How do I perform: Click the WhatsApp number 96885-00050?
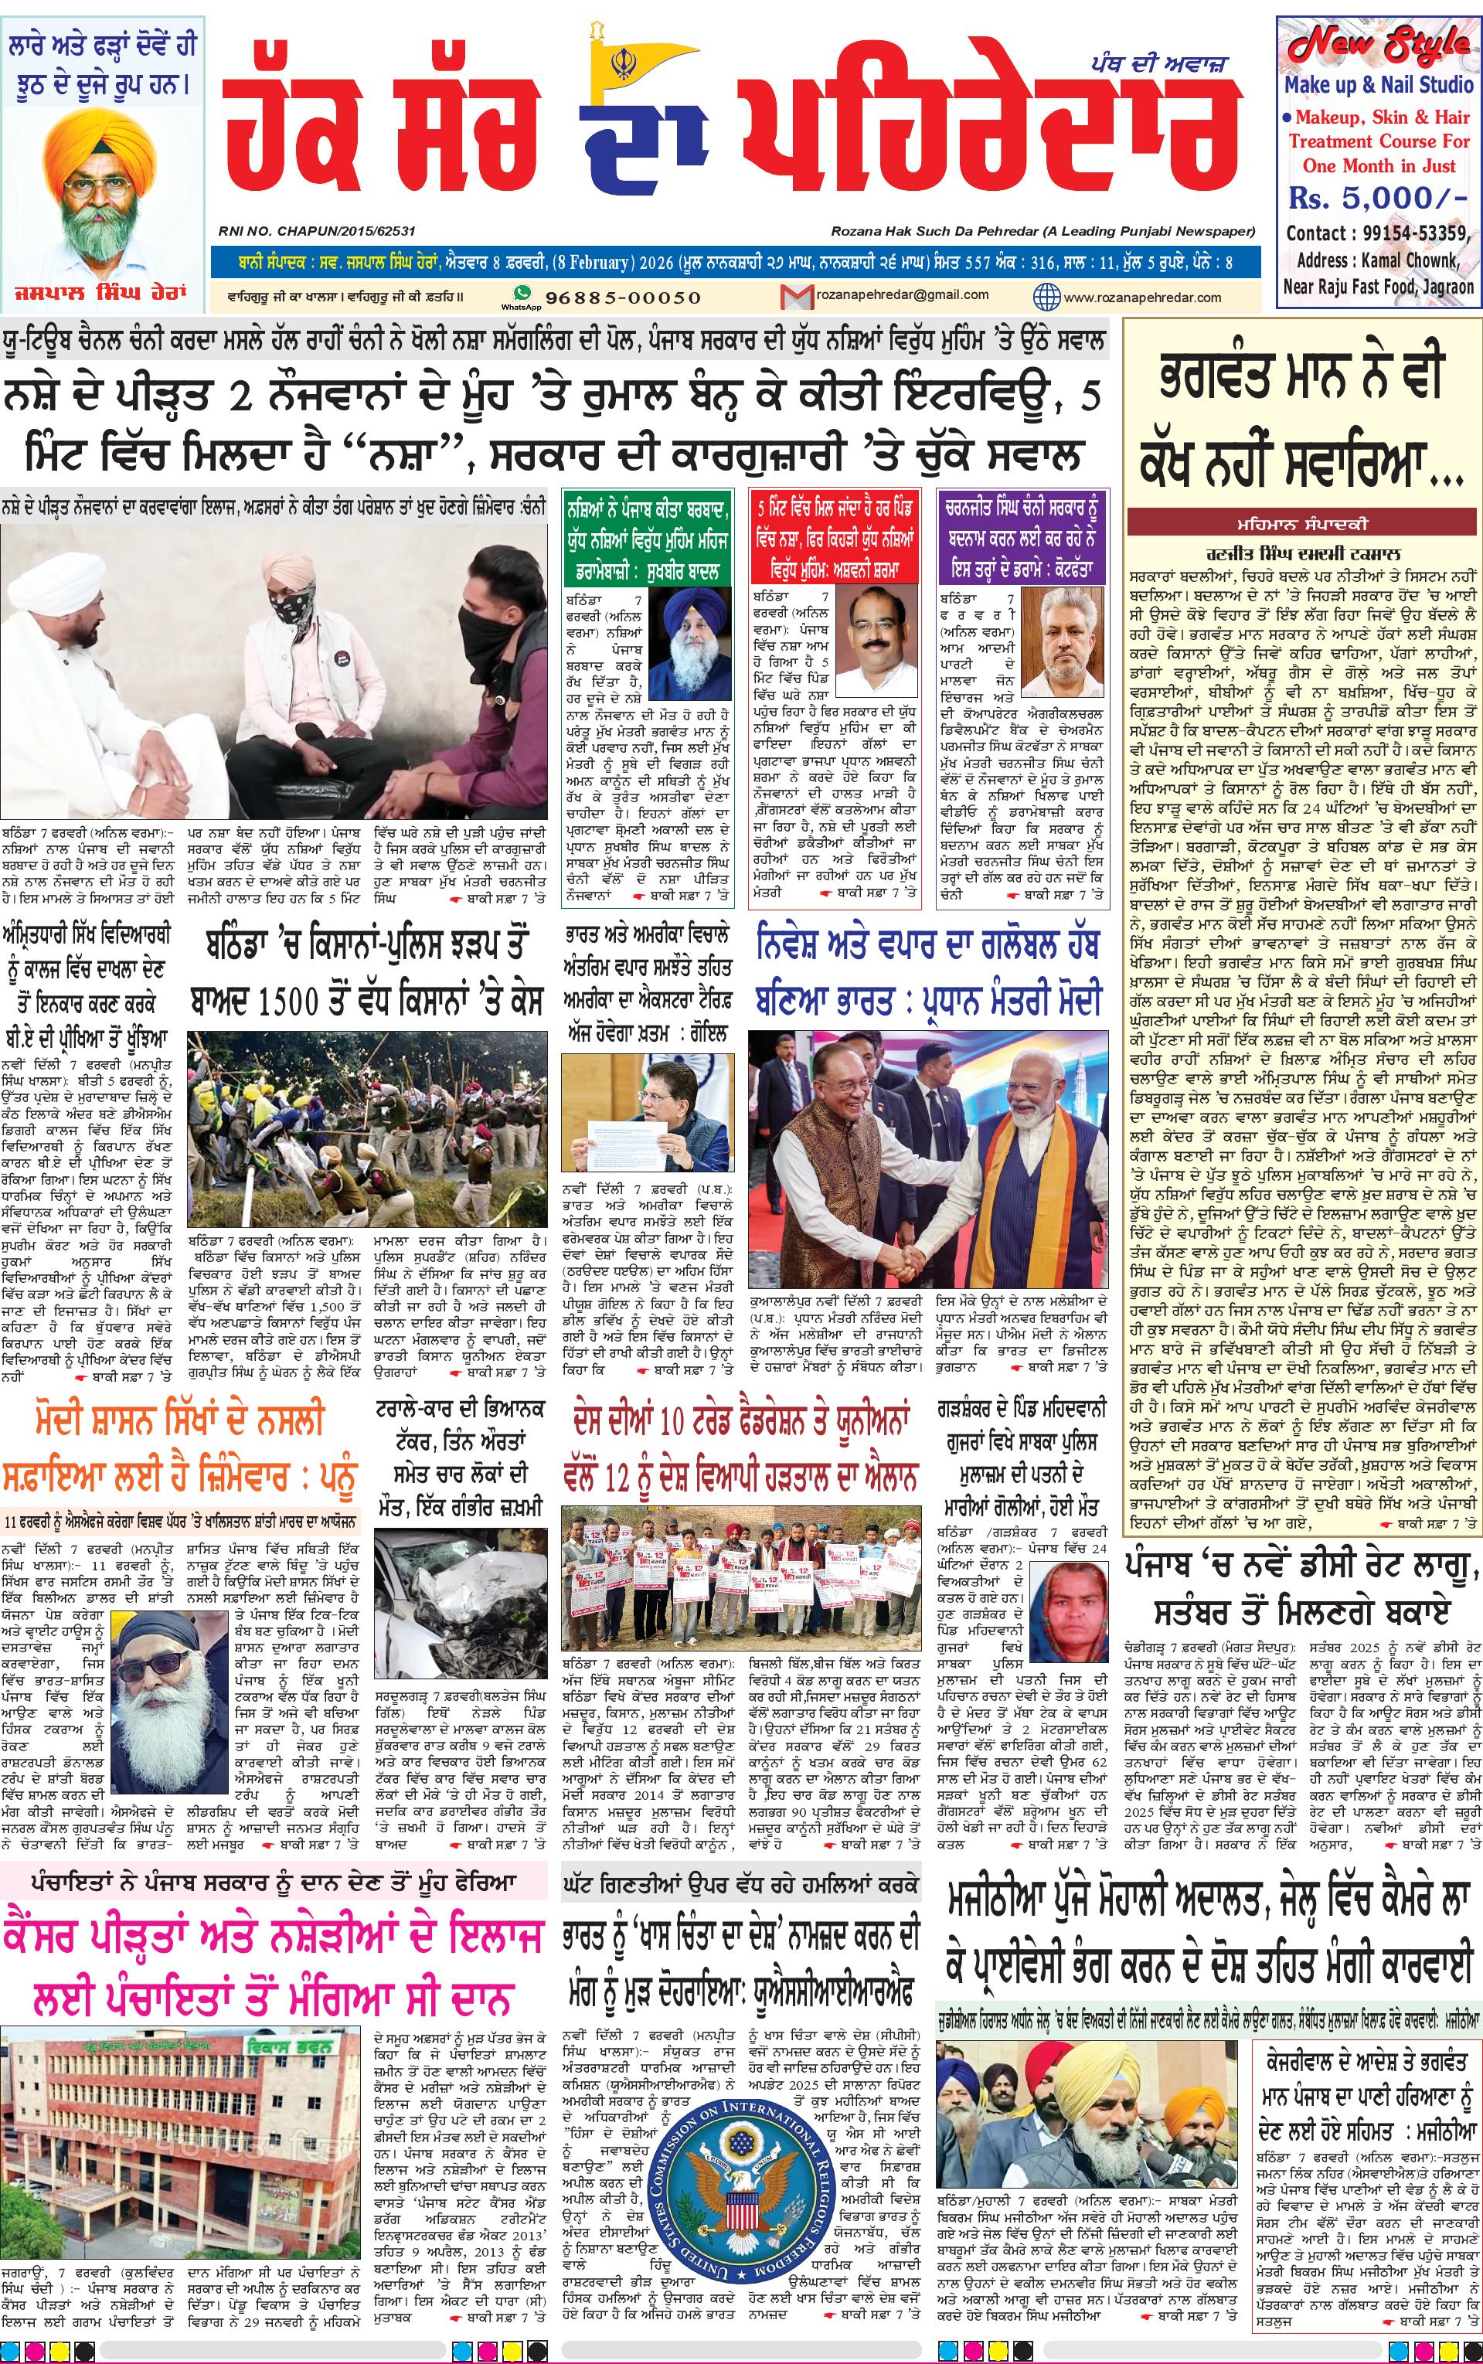(609, 297)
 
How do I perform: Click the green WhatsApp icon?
(522, 292)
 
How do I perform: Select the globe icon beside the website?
(1046, 296)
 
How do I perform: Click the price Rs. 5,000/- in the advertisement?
(1377, 198)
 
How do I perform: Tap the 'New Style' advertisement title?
(1379, 46)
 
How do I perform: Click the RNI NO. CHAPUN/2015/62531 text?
(317, 231)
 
